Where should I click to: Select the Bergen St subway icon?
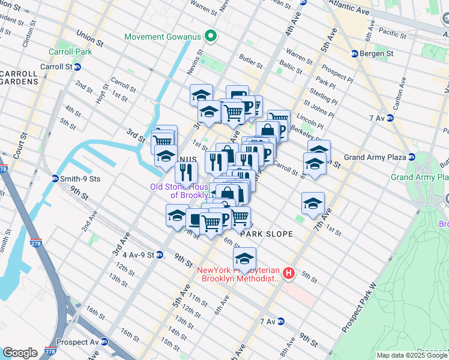354,53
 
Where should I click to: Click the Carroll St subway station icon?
77,67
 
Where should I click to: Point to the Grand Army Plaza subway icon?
412,157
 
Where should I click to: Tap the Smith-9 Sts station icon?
55,178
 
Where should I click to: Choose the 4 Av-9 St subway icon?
160,254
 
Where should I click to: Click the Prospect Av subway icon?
104,342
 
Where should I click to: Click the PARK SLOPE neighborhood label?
267,234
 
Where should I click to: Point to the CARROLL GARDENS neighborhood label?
19,77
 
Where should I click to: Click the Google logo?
20,352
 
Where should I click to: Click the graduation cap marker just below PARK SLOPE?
244,259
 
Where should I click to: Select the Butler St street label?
251,62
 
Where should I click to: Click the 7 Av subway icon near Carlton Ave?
390,118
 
